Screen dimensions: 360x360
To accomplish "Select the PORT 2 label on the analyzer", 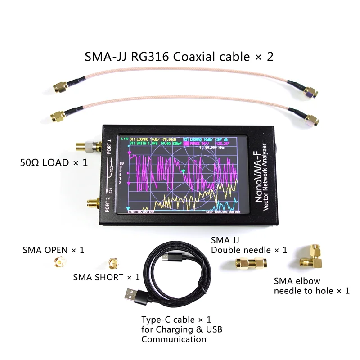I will pyautogui.click(x=108, y=203).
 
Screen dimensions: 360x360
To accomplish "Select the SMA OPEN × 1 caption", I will pyautogui.click(x=54, y=249).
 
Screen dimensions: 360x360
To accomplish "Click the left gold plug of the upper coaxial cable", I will pyautogui.click(x=60, y=86).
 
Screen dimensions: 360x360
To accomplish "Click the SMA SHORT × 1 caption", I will pyautogui.click(x=106, y=277).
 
